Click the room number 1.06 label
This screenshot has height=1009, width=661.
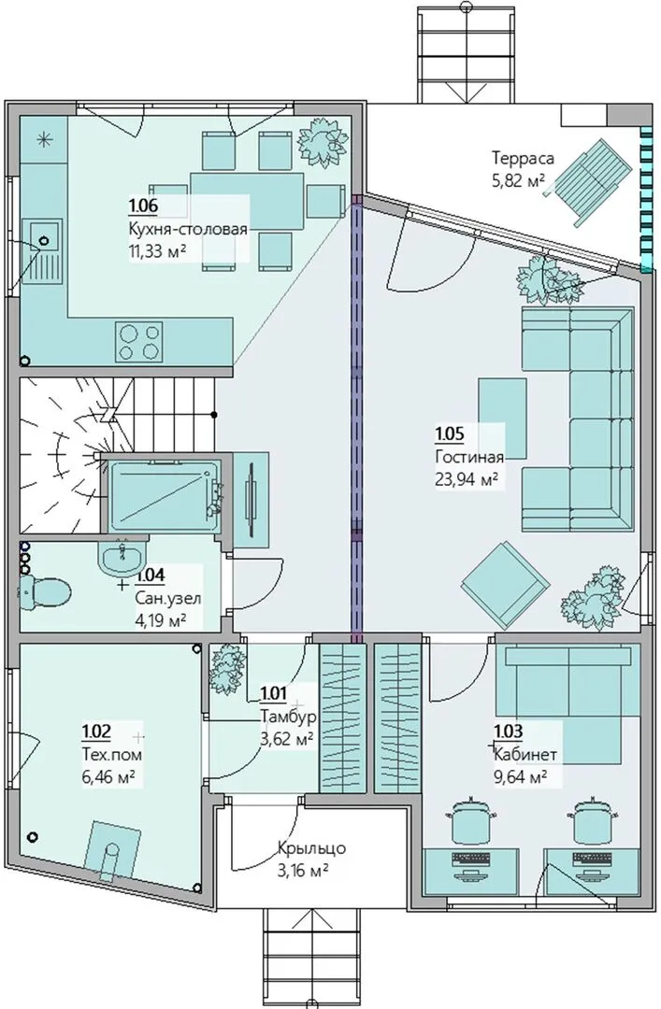(x=144, y=206)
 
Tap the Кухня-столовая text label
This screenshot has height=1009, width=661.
(x=188, y=230)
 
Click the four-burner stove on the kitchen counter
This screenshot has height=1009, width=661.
(x=137, y=342)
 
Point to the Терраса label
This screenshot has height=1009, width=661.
(x=524, y=158)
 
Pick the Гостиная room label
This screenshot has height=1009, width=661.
(x=469, y=456)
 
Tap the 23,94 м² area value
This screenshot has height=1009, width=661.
(x=467, y=478)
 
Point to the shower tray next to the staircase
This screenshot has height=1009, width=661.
(x=163, y=493)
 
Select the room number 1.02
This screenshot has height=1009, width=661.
(x=96, y=731)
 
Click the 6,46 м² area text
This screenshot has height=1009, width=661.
(x=108, y=776)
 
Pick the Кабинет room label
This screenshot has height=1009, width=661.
(x=525, y=754)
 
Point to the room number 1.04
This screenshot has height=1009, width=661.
(x=151, y=575)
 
